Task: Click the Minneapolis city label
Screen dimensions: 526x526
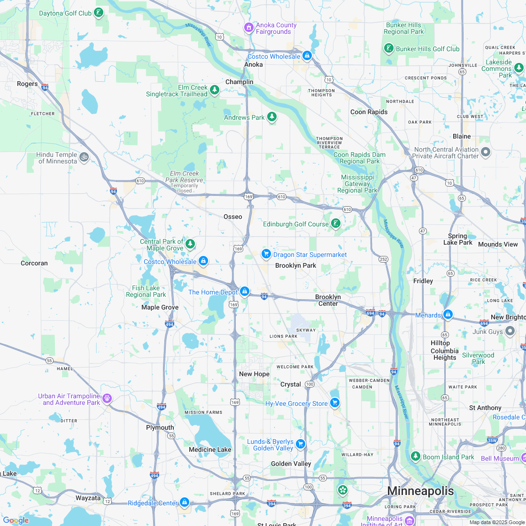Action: (420, 491)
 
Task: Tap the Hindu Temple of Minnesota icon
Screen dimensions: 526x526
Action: (84, 157)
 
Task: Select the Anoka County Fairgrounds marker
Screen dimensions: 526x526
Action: (249, 28)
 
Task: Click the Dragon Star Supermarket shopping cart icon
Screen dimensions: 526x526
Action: (266, 254)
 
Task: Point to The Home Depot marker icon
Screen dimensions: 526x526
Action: (245, 292)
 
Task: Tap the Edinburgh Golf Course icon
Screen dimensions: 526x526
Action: (335, 224)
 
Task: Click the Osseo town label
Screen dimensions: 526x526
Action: (233, 217)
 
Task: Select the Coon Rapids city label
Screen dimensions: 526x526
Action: (369, 112)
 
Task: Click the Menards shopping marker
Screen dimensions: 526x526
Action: (448, 314)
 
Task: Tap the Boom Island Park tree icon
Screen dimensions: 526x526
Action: (415, 456)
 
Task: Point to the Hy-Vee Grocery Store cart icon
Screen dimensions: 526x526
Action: (334, 403)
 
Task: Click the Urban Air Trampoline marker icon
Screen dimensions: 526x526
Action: (108, 399)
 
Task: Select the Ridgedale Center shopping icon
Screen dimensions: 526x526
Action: (184, 503)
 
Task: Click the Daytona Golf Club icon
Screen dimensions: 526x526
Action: (99, 13)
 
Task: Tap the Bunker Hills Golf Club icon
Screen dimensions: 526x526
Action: (388, 48)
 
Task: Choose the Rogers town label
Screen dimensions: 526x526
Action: (27, 84)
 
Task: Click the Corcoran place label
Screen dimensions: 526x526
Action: (34, 263)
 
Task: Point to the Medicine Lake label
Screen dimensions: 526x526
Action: (210, 449)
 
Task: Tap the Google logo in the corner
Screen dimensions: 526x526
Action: (16, 520)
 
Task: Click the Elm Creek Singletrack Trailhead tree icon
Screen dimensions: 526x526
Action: (215, 90)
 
